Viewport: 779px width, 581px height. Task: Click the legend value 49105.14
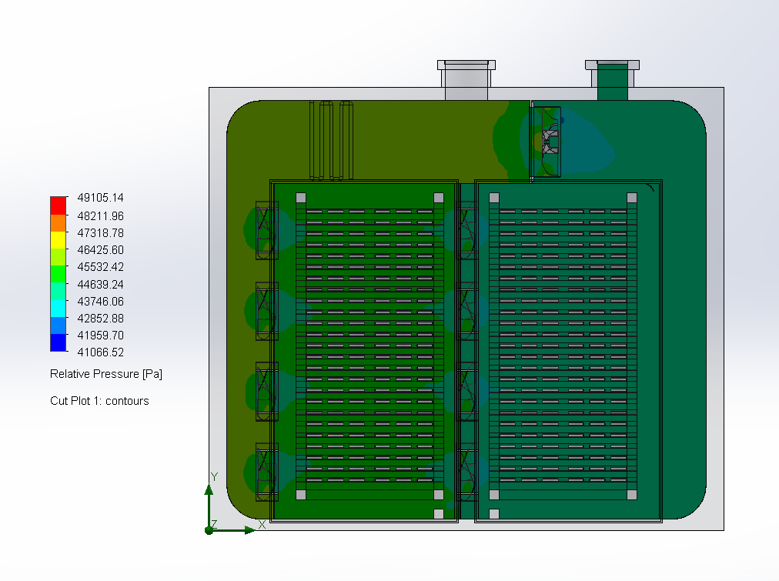pos(101,198)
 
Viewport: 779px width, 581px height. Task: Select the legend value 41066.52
pos(101,352)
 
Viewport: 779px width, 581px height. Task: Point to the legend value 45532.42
pos(101,267)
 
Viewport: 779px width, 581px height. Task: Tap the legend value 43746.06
pos(101,302)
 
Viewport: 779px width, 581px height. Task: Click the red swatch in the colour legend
pos(59,205)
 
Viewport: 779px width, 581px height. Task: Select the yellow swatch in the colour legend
pos(59,239)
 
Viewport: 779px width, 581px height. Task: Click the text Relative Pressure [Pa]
pos(106,374)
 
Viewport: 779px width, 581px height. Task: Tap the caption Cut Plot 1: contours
pos(99,401)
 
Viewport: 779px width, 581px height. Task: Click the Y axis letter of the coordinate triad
pos(214,477)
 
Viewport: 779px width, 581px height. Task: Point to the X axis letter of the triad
pos(262,524)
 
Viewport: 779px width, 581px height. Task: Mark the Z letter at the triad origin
pos(214,524)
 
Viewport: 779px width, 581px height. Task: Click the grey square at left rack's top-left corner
pos(301,197)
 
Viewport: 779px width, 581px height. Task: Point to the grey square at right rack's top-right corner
pos(632,197)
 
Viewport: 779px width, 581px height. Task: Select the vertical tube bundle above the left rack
pos(331,140)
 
